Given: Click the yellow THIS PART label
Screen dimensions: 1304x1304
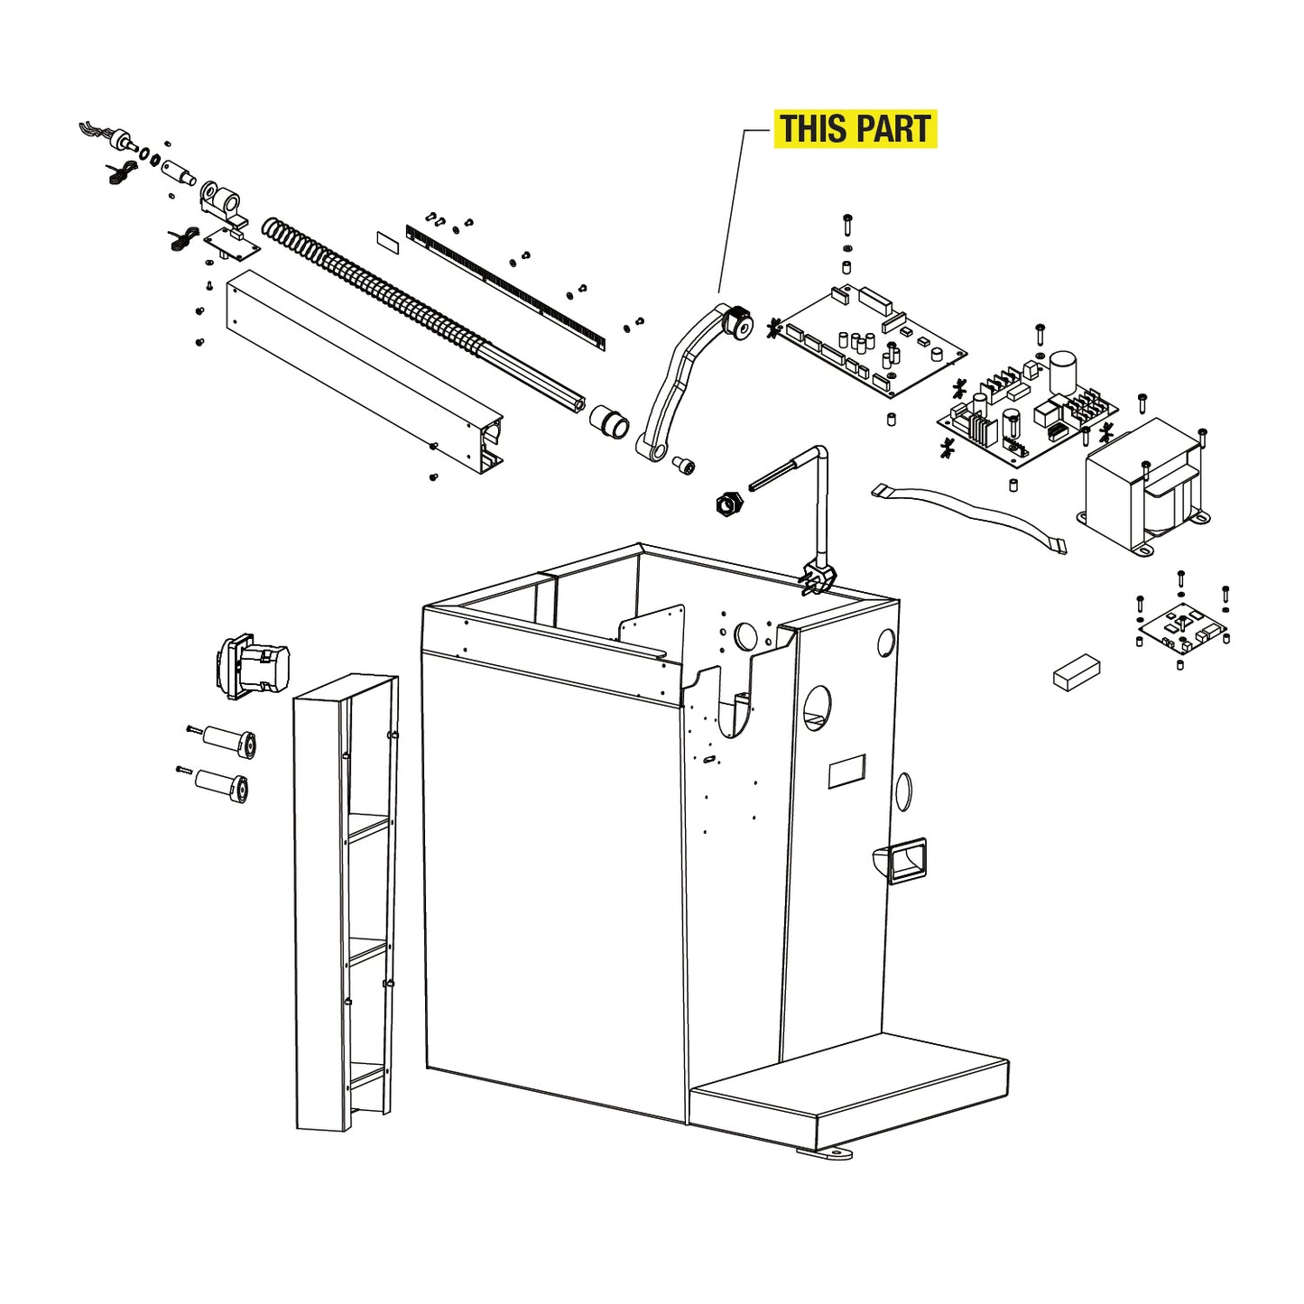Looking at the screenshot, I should tap(855, 129).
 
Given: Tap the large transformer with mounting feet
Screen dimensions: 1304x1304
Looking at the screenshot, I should tap(1144, 487).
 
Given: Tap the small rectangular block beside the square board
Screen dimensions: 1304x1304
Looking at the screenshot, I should tap(1077, 672).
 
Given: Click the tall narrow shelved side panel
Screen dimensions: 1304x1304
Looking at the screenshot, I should tap(346, 902).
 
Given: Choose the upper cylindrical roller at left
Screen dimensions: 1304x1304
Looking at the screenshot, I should tap(229, 740).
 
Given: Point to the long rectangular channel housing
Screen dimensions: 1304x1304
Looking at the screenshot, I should tap(361, 370).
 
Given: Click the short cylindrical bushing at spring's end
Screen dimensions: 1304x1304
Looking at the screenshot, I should tap(610, 421).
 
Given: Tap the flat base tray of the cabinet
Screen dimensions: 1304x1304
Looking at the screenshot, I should tap(848, 1087).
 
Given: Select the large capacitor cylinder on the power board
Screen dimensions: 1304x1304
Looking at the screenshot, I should tap(1062, 371).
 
